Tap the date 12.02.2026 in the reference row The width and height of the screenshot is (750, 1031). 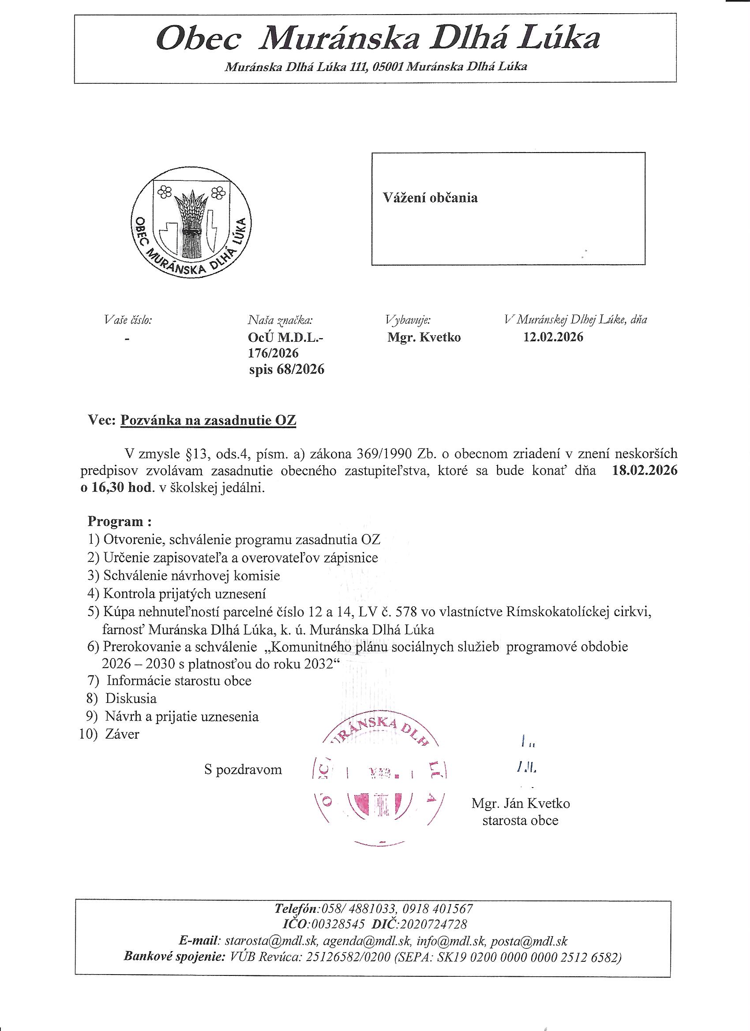pyautogui.click(x=553, y=337)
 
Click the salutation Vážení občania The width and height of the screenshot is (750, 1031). pyautogui.click(x=430, y=198)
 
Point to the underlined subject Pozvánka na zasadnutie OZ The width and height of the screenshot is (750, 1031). pyautogui.click(x=208, y=420)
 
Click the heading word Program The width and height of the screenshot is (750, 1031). pyautogui.click(x=116, y=521)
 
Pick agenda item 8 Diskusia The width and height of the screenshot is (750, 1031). pyautogui.click(x=131, y=698)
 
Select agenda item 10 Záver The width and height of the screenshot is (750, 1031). pyautogui.click(x=122, y=734)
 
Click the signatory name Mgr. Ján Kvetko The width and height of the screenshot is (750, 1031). pyautogui.click(x=520, y=803)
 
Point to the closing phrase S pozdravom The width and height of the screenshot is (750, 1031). pyautogui.click(x=243, y=770)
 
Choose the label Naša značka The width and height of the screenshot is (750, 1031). pyautogui.click(x=280, y=320)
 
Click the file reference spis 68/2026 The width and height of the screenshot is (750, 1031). pyautogui.click(x=286, y=370)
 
